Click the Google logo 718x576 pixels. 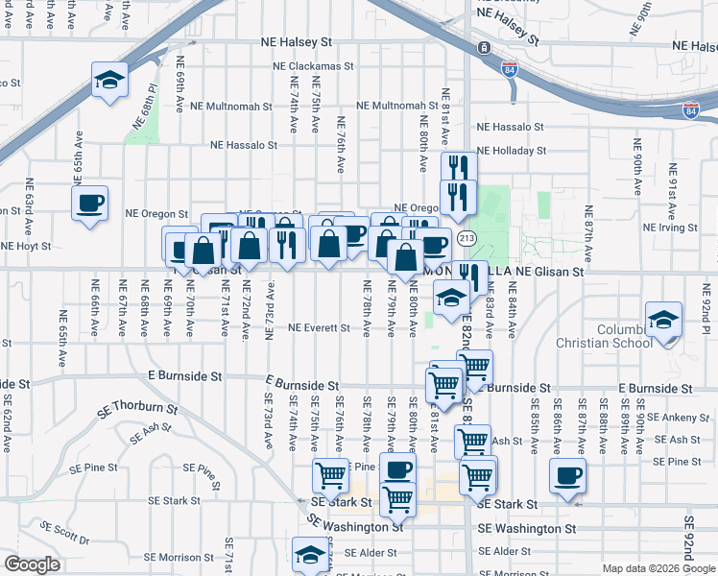32,564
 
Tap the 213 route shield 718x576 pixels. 467,237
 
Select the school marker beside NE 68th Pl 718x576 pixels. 109,80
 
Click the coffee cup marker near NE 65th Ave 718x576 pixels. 89,204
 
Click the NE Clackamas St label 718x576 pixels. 313,67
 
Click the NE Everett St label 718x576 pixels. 319,328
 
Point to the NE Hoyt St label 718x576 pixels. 27,246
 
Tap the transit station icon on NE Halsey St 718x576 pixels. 484,47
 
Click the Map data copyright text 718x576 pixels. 658,568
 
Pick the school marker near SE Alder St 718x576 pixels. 310,556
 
